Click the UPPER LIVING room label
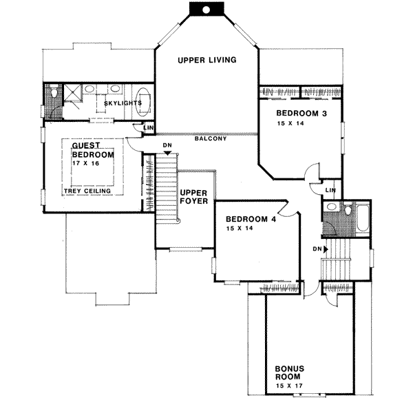[206, 60]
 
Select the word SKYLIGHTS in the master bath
[123, 103]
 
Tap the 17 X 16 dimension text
[93, 165]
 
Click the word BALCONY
[210, 139]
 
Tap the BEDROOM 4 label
[251, 220]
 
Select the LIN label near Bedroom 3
[330, 190]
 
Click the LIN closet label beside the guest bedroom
[147, 128]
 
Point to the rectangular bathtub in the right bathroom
[357, 214]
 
